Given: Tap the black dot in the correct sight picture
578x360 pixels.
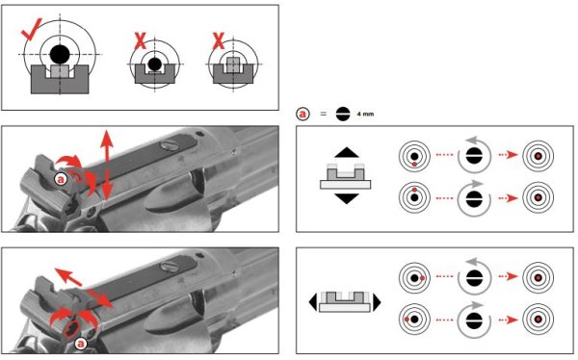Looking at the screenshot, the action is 60,55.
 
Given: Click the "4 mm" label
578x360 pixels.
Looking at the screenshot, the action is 365,115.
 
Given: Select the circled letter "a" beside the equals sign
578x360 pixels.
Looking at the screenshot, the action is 303,115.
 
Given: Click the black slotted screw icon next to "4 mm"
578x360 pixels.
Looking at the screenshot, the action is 343,115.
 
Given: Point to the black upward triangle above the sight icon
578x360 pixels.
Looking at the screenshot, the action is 347,152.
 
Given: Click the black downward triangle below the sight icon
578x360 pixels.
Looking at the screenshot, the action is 347,198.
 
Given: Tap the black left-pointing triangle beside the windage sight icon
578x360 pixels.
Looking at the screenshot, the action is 312,302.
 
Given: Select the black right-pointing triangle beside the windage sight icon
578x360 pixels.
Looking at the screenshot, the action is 377,302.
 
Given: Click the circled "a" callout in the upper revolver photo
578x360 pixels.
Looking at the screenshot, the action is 61,179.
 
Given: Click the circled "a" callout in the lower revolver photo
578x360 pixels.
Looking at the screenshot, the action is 80,345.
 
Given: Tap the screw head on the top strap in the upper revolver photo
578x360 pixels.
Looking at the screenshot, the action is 170,145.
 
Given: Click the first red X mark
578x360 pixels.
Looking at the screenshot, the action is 140,40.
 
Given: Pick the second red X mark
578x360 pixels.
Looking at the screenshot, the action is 219,40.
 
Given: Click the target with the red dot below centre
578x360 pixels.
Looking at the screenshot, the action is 414,156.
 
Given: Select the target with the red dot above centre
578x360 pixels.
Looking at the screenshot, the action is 414,197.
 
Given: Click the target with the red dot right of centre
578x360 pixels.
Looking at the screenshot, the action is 414,278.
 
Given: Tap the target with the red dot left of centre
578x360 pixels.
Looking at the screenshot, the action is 414,320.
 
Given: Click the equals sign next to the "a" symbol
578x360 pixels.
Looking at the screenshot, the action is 324,115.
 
